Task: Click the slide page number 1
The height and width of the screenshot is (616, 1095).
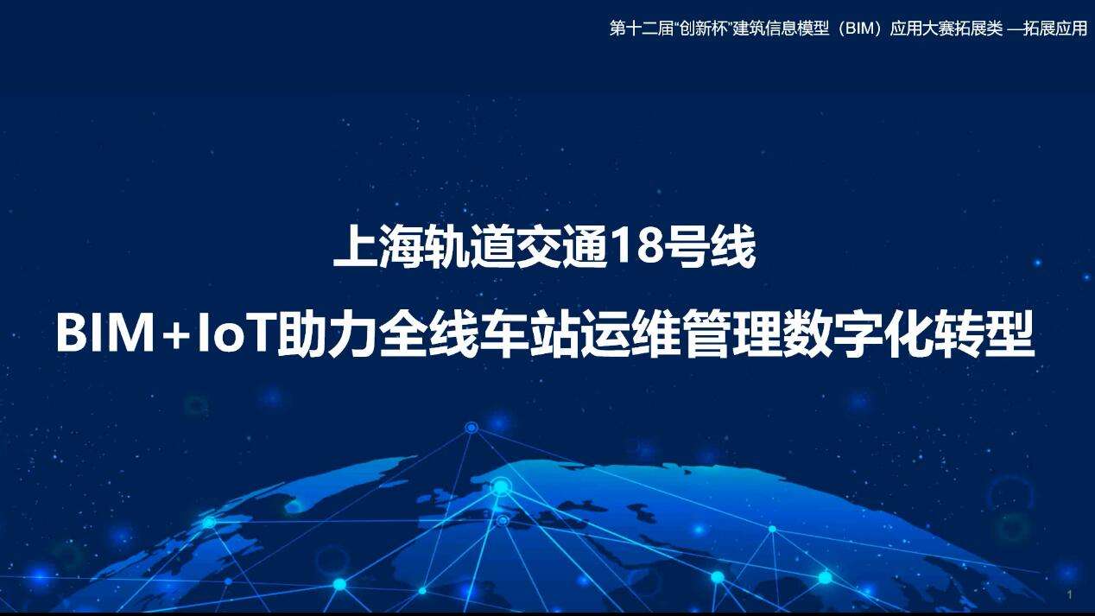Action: click(x=1070, y=594)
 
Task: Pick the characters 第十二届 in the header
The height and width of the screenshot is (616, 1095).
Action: click(x=642, y=29)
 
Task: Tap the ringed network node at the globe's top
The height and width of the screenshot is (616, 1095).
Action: click(x=471, y=428)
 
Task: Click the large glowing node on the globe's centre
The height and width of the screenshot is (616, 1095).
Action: click(x=501, y=486)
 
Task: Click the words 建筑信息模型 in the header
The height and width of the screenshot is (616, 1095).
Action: click(x=781, y=29)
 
